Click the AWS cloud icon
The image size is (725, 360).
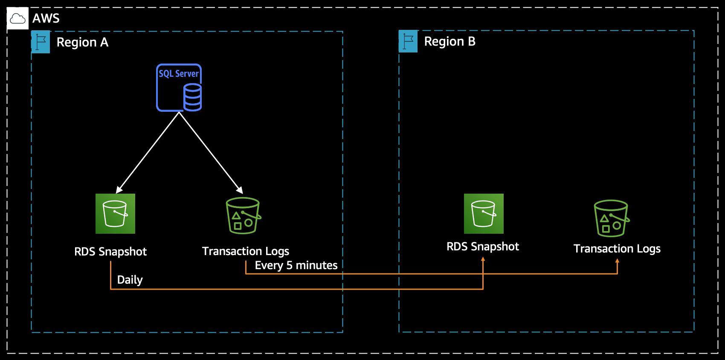17,18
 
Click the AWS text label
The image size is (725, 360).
46,18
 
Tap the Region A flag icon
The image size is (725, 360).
41,42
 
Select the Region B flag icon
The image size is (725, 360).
408,41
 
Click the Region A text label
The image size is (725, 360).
82,42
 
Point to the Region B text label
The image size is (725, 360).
449,41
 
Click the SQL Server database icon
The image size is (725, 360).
179,88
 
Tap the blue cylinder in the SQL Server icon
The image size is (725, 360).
192,97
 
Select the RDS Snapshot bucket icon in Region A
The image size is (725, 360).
115,214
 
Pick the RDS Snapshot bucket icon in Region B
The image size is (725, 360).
484,214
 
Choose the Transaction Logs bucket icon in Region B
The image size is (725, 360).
612,218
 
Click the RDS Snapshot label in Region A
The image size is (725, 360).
110,252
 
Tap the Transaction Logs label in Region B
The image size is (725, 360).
617,249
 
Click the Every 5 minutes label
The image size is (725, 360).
296,265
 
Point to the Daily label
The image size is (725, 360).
130,280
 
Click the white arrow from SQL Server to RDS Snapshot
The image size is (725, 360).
148,152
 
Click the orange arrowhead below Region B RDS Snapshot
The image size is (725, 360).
483,259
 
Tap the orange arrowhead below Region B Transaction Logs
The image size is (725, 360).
617,261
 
